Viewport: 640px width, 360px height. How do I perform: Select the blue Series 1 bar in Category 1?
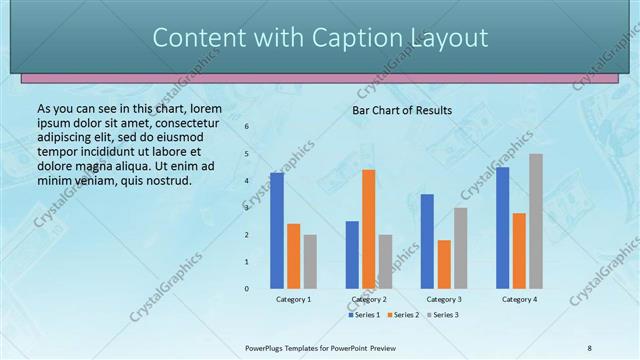coord(277,230)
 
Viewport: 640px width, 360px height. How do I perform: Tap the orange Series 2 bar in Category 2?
coord(369,229)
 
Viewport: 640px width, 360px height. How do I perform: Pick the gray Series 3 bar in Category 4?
coord(536,221)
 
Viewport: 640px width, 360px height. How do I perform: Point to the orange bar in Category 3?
coord(444,264)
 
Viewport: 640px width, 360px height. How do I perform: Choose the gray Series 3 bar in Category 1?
coord(310,261)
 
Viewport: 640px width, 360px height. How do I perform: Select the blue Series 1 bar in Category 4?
coord(502,227)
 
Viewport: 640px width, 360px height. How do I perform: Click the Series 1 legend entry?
coord(364,315)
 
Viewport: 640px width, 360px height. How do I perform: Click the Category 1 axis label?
coord(293,299)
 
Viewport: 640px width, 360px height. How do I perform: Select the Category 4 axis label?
coord(519,299)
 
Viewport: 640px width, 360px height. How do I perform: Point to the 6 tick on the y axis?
coord(247,127)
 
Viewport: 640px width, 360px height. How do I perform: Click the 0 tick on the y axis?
coord(247,288)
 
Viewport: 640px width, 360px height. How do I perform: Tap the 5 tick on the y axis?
coord(247,154)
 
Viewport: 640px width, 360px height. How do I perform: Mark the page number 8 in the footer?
coord(589,347)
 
